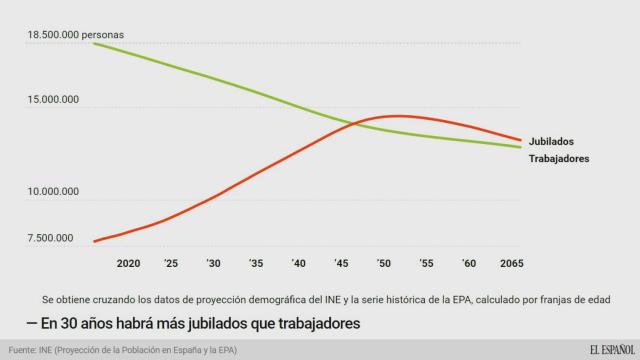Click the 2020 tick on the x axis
128,262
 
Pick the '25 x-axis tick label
172,262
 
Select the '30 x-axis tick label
214,262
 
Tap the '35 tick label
257,262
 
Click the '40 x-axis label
299,262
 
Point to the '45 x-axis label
342,262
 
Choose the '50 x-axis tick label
384,262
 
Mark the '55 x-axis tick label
427,262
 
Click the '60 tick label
469,262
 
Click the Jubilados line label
552,142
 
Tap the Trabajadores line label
558,159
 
